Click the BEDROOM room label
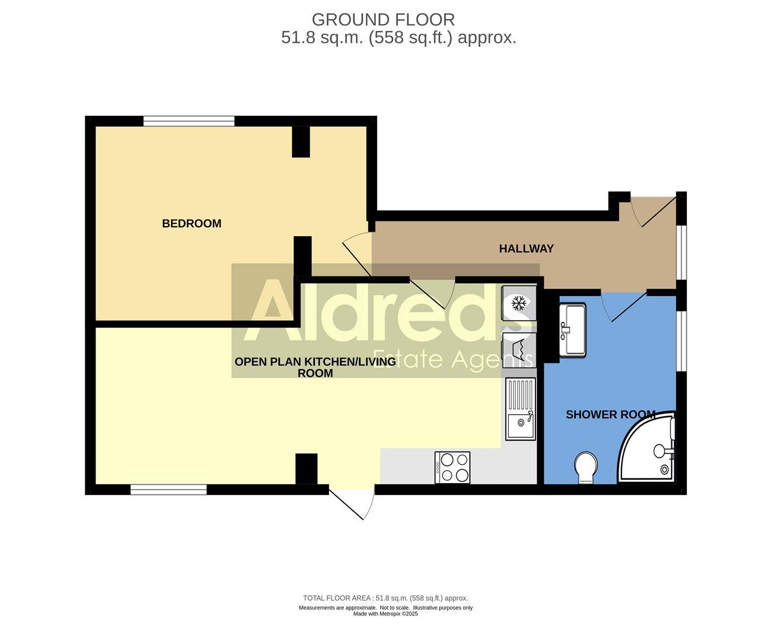click(192, 224)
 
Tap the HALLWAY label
click(526, 249)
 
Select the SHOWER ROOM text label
click(610, 414)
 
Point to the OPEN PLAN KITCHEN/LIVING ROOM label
click(315, 367)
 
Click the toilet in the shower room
click(586, 467)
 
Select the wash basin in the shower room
click(572, 330)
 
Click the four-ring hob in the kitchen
click(453, 467)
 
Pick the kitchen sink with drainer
click(521, 409)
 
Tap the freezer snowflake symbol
click(519, 304)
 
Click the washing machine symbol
click(519, 348)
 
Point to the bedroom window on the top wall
click(189, 121)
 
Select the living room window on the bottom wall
click(168, 490)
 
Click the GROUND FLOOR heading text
click(383, 20)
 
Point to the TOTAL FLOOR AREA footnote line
click(385, 598)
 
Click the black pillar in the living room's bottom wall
click(306, 469)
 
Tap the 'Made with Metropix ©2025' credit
click(385, 614)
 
